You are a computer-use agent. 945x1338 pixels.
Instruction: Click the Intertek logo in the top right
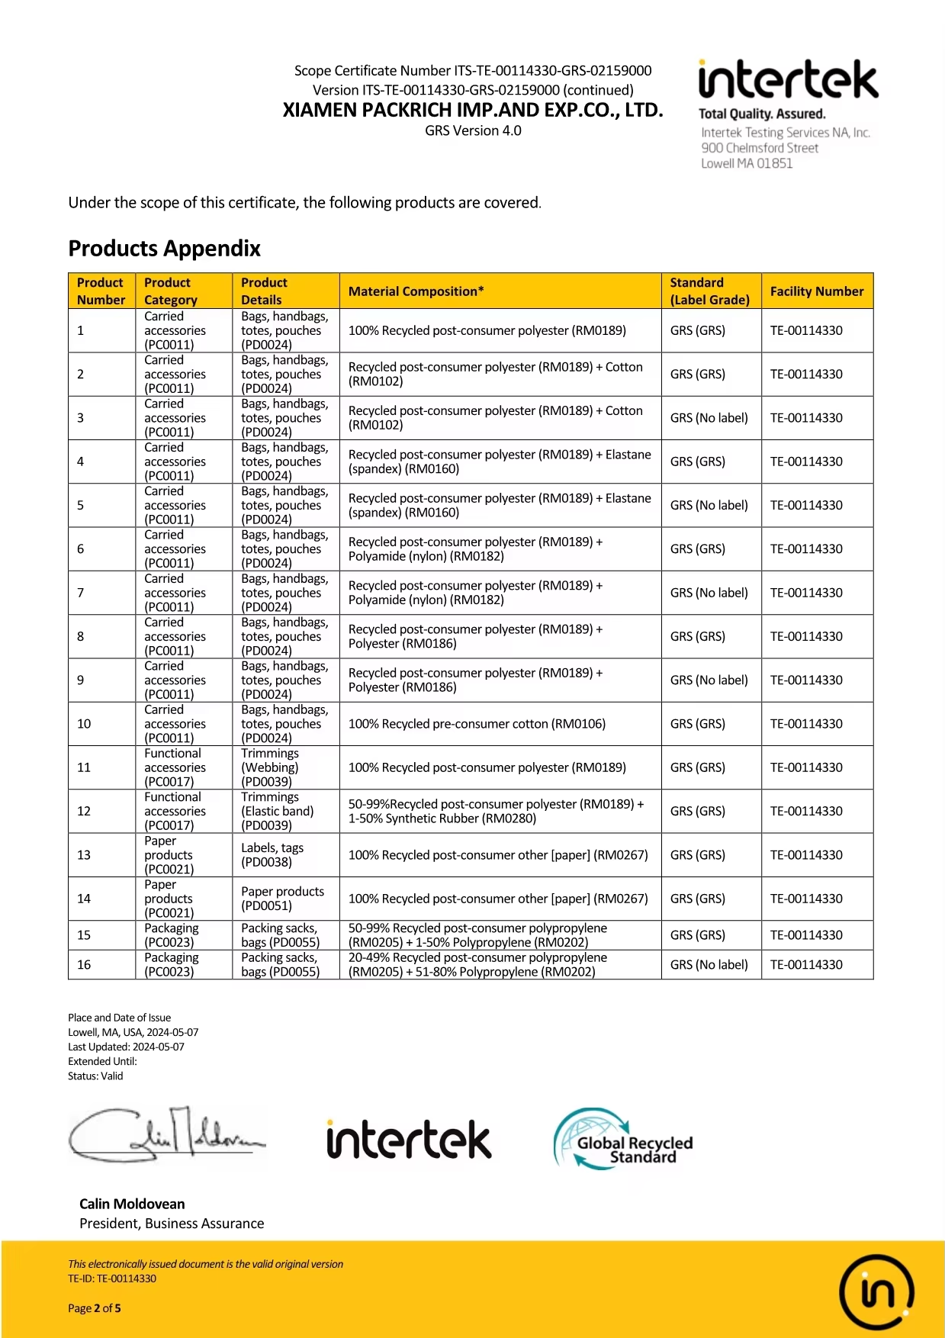click(787, 80)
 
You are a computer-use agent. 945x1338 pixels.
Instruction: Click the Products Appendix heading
click(164, 249)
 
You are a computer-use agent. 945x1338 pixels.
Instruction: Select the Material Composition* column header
click(416, 291)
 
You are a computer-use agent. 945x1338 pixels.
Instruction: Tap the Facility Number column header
click(816, 291)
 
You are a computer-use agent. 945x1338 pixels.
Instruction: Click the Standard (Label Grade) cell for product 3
click(709, 418)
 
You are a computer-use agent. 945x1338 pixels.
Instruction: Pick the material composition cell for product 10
click(477, 724)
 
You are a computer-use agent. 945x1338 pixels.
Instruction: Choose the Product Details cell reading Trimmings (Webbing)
click(270, 767)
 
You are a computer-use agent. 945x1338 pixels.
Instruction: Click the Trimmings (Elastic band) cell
click(277, 811)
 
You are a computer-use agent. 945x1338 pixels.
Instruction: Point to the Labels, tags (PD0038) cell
click(272, 855)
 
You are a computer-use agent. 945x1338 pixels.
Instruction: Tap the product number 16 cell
click(84, 965)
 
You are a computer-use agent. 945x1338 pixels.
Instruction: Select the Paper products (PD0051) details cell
click(282, 899)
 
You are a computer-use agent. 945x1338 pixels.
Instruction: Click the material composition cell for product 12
click(496, 811)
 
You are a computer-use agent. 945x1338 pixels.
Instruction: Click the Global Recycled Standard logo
click(623, 1140)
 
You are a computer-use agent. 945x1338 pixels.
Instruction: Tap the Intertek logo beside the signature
click(409, 1140)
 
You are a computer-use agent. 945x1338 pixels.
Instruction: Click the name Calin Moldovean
click(132, 1204)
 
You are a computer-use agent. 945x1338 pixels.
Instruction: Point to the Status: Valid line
click(95, 1076)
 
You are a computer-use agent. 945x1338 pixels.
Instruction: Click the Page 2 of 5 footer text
click(95, 1308)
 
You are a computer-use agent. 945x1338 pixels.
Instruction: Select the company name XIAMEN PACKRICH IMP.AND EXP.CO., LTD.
click(473, 111)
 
